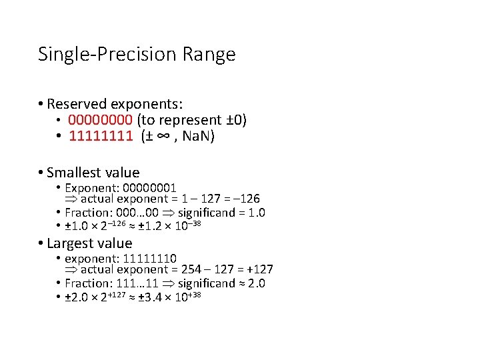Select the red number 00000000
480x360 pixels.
click(100, 120)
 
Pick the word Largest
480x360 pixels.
click(69, 243)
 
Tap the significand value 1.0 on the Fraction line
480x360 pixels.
click(256, 213)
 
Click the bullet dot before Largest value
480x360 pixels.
click(41, 243)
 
